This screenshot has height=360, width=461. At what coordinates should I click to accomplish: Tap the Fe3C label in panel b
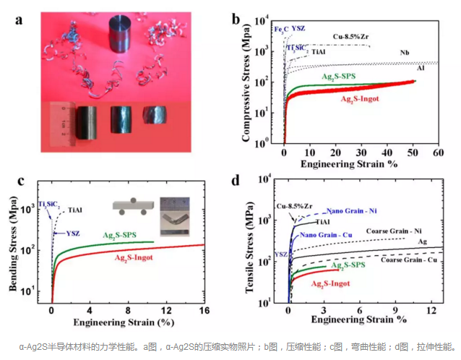pyautogui.click(x=280, y=29)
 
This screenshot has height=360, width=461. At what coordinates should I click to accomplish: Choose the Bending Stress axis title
pyautogui.click(x=14, y=243)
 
